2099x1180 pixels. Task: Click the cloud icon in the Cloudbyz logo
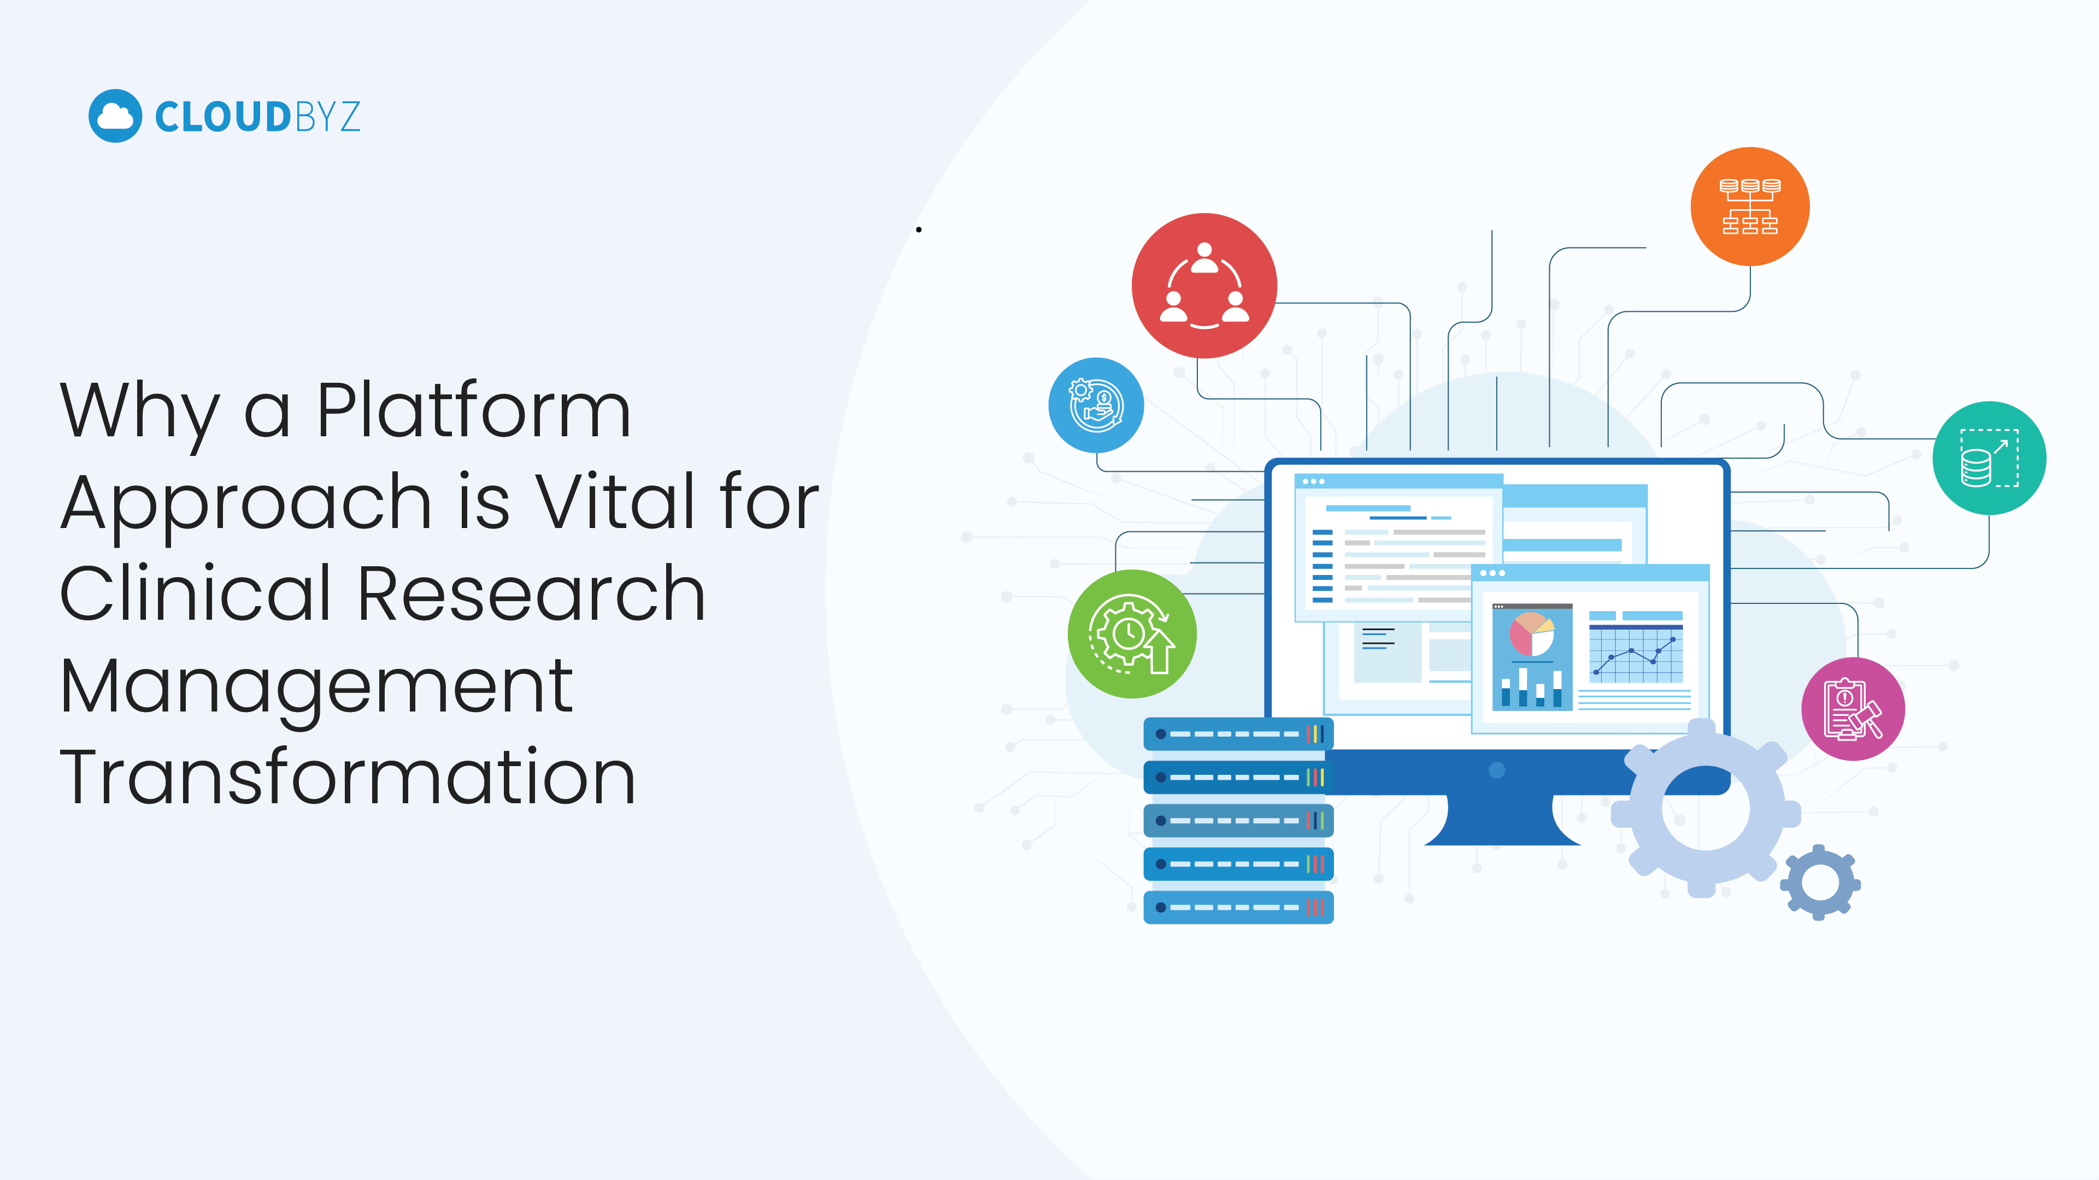(115, 116)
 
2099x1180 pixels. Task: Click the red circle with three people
(1204, 286)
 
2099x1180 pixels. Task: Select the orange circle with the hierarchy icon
(1750, 207)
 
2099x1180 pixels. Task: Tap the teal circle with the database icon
(1990, 458)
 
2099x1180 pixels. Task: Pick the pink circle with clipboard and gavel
(1854, 708)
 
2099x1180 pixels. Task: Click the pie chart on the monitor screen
(1532, 635)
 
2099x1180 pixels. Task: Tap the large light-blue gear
(1706, 809)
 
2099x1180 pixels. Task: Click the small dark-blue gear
(1820, 883)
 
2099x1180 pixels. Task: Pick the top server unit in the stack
(1238, 734)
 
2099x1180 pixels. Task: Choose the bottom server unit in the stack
(1238, 907)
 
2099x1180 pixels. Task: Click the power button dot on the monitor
(1497, 770)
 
